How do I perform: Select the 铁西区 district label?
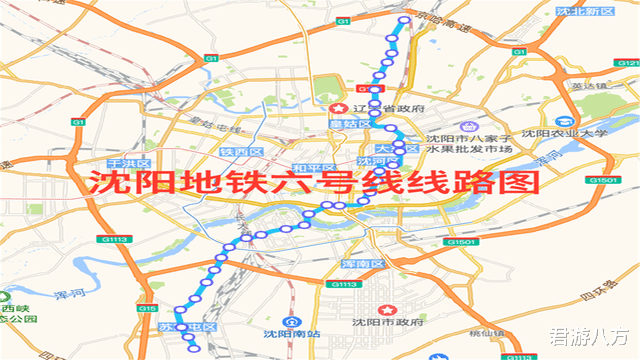[241, 152]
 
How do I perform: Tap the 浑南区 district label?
[364, 263]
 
